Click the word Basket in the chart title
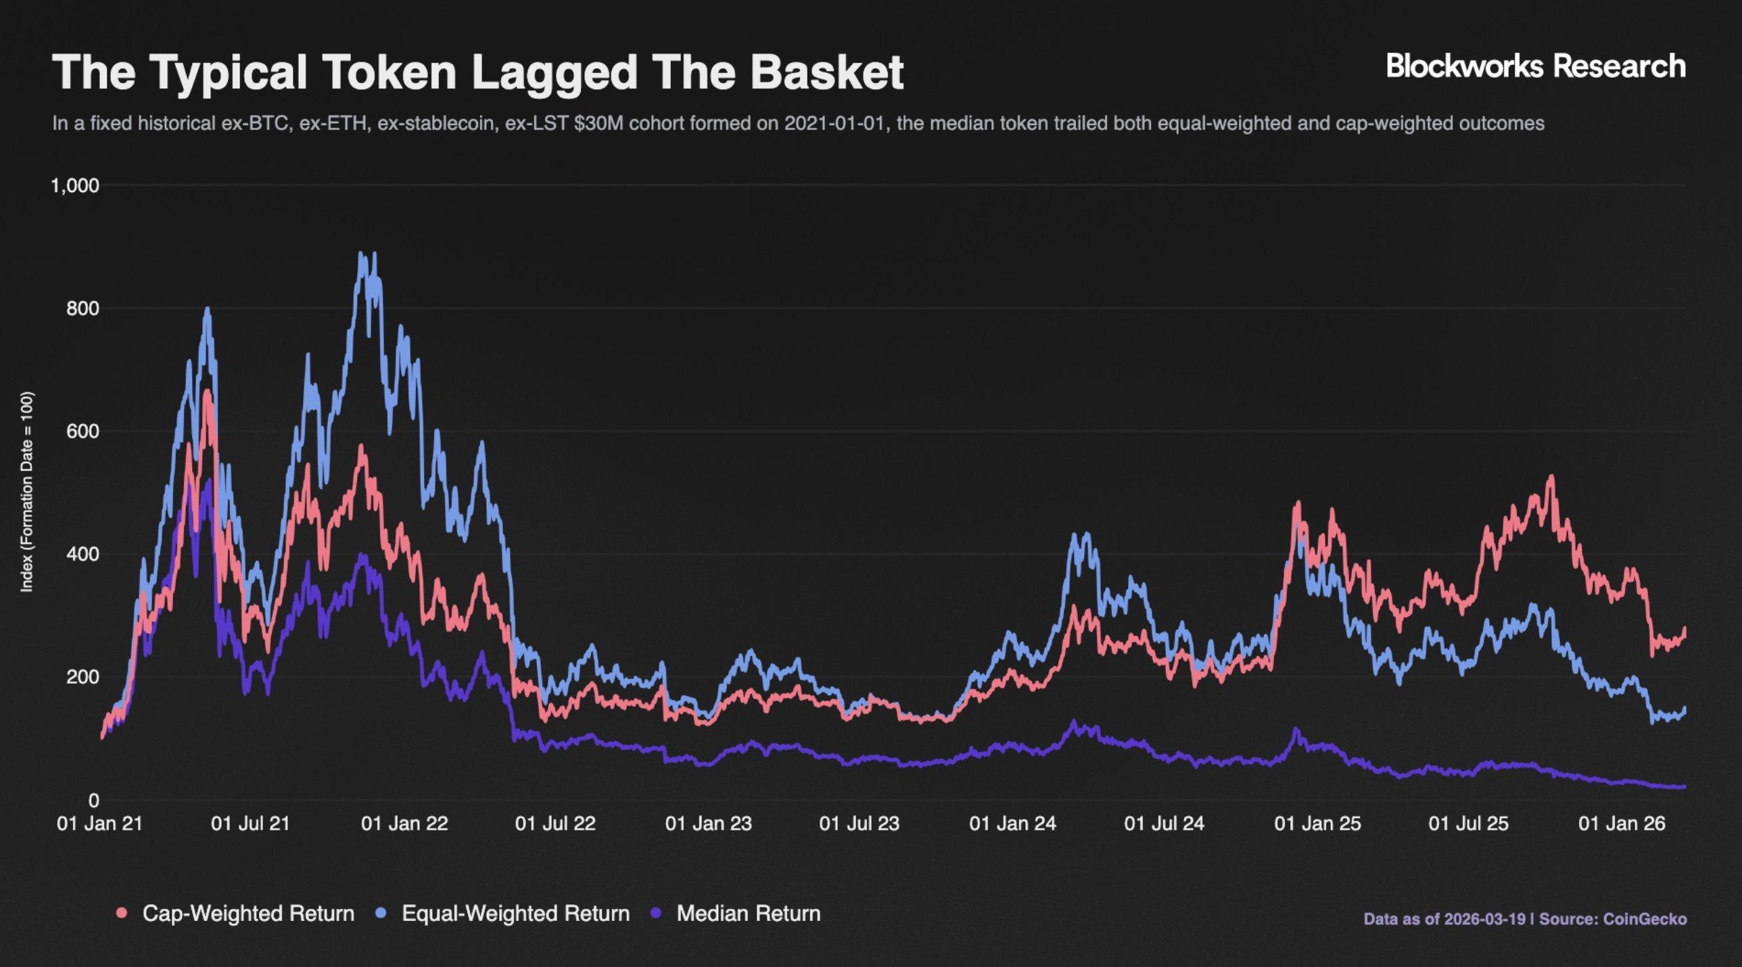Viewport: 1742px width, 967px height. [826, 72]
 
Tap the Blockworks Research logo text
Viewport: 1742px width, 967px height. [1536, 66]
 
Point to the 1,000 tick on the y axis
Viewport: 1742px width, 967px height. [75, 185]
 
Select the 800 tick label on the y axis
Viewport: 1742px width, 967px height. [83, 308]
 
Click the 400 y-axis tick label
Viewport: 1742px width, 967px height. [83, 554]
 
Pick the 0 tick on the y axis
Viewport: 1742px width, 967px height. [93, 801]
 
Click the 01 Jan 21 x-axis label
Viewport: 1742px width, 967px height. [100, 824]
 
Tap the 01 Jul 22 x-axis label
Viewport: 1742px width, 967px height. [555, 824]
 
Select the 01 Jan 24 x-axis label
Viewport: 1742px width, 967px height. [1012, 824]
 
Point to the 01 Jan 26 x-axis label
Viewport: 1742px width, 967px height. [1622, 824]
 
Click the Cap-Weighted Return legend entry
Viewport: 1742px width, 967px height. [248, 914]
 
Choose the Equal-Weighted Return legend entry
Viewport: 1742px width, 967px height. [515, 914]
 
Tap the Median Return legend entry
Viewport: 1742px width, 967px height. [748, 914]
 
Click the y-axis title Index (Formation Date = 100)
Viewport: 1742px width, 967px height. [27, 492]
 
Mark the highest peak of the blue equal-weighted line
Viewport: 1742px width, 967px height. [361, 254]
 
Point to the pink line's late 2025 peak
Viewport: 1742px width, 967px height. [1551, 477]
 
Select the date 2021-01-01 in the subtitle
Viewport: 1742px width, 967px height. [835, 124]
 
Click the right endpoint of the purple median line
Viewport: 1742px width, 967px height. [1684, 786]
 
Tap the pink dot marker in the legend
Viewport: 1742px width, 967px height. [122, 914]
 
